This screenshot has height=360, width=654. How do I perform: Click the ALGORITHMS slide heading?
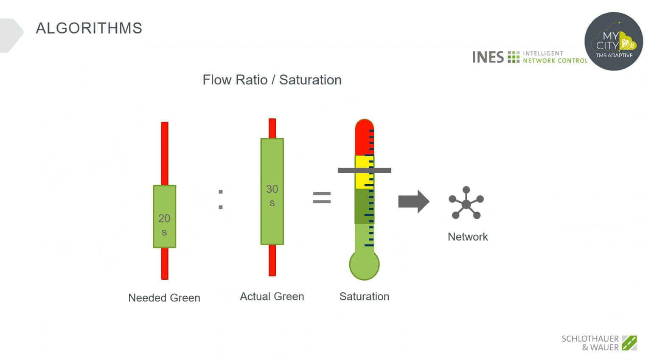click(89, 28)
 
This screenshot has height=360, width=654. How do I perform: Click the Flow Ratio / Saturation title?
click(272, 80)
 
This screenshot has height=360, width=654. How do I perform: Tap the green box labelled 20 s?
click(164, 217)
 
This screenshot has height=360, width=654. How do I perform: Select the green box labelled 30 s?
click(272, 191)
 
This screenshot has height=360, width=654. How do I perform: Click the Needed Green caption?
click(164, 298)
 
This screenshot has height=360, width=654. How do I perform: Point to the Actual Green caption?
click(272, 296)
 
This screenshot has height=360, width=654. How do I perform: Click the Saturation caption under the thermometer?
click(365, 296)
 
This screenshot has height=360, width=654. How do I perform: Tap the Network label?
click(468, 237)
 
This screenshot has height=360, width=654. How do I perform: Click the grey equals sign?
click(322, 198)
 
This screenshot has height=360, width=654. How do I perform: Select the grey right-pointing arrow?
click(414, 202)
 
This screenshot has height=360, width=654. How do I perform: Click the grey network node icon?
click(466, 202)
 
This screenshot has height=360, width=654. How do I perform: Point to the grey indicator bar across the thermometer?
click(365, 171)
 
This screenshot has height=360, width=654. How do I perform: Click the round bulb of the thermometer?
click(365, 265)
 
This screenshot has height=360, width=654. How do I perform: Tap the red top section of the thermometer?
click(365, 137)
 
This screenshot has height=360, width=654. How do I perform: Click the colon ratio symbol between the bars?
click(221, 200)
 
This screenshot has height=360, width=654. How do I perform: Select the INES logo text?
click(488, 57)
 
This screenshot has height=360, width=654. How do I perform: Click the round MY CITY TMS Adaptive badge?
click(614, 41)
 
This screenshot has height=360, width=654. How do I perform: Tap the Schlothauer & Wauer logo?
click(599, 343)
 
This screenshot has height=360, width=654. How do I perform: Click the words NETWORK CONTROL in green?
click(555, 61)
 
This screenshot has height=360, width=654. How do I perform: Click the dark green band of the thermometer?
click(365, 206)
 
